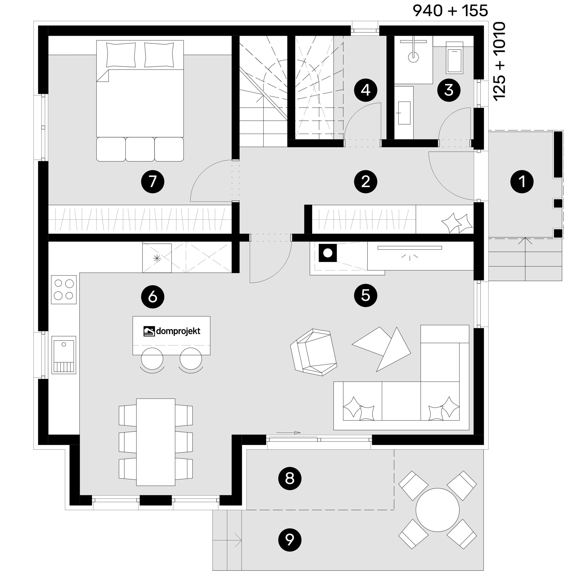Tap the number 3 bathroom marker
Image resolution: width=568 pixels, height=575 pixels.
pyautogui.click(x=448, y=90)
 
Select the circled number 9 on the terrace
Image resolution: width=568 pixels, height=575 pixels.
pyautogui.click(x=290, y=540)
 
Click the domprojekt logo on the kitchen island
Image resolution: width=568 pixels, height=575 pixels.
pyautogui.click(x=172, y=331)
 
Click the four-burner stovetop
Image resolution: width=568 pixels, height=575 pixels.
pyautogui.click(x=64, y=289)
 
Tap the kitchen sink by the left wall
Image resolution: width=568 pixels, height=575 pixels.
pyautogui.click(x=64, y=355)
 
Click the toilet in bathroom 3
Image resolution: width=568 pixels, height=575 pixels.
pyautogui.click(x=454, y=58)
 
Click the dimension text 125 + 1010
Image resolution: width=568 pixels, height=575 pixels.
pyautogui.click(x=499, y=61)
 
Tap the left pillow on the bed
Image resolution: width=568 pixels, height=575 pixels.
pyautogui.click(x=121, y=55)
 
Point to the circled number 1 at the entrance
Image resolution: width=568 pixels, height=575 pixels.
pyautogui.click(x=522, y=181)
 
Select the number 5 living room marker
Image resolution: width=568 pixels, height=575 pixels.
pyautogui.click(x=365, y=296)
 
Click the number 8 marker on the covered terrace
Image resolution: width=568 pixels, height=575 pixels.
pyautogui.click(x=290, y=479)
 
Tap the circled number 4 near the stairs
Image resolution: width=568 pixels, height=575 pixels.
pyautogui.click(x=365, y=90)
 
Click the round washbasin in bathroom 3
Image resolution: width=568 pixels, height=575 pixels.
pyautogui.click(x=413, y=57)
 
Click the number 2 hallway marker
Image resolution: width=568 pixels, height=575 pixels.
pyautogui.click(x=365, y=181)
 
